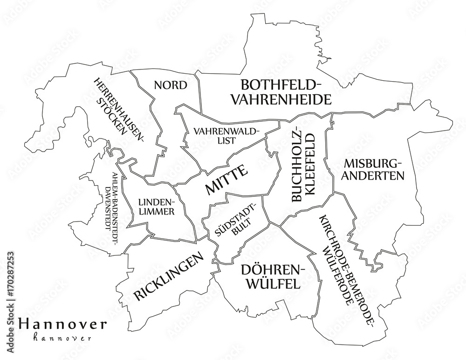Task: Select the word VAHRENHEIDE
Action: [282, 99]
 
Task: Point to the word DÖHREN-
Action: [273, 270]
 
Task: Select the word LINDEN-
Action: [157, 202]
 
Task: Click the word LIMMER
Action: [157, 212]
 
